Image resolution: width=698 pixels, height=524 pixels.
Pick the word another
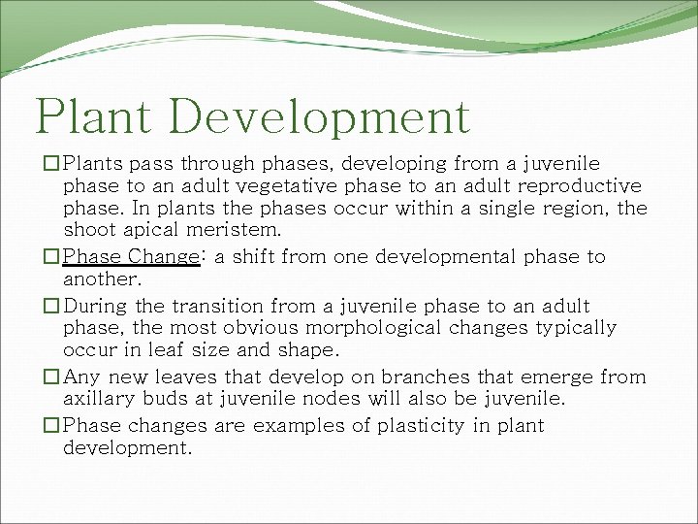[x=101, y=279]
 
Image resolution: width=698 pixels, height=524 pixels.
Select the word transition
[x=186, y=306]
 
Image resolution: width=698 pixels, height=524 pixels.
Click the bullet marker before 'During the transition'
[x=52, y=306]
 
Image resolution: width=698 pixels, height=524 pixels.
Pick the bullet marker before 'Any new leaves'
[x=52, y=377]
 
